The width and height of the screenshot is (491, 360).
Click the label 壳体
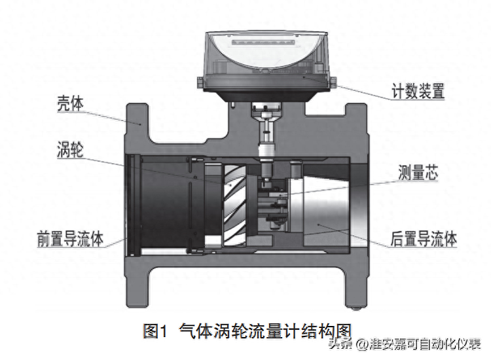[70, 103]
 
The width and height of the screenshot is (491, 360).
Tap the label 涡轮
[70, 150]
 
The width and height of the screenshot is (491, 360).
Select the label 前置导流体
[70, 238]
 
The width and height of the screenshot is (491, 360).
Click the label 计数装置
[418, 91]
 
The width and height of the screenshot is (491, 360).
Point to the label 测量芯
[418, 173]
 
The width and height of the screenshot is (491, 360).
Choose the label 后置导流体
[424, 239]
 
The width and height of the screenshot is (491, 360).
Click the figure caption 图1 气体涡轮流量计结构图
[247, 331]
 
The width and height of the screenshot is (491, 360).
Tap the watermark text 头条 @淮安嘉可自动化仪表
[405, 344]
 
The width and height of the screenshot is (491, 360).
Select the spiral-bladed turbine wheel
[234, 205]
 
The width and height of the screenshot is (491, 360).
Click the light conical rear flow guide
[323, 206]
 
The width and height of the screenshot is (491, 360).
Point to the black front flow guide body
[166, 205]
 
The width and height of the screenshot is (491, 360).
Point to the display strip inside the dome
[263, 43]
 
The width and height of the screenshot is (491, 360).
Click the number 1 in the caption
[164, 331]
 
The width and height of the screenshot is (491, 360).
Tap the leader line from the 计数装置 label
[348, 88]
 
